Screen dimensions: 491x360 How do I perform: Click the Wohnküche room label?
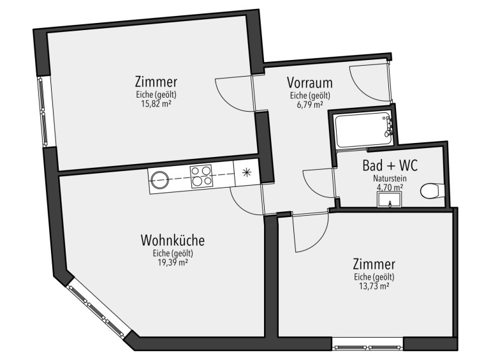point(173,241)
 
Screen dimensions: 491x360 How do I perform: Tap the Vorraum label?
point(310,83)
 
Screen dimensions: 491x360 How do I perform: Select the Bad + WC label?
point(390,165)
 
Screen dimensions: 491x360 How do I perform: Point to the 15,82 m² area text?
point(156,104)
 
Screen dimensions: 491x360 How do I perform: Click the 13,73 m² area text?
point(374,286)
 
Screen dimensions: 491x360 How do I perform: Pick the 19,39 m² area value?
point(173,262)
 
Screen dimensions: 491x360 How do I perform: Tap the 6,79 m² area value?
point(310,105)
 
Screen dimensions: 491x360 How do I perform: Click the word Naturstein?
point(390,179)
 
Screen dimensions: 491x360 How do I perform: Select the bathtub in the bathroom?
point(363,129)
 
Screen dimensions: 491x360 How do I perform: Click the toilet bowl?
point(432,191)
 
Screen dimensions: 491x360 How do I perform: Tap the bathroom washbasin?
point(390,200)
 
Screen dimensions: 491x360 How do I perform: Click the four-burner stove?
point(201,176)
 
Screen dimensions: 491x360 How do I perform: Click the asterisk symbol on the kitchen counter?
point(247,172)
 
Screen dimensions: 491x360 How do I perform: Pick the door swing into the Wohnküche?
point(246,200)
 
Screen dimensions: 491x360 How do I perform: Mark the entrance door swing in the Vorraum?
point(370,84)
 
